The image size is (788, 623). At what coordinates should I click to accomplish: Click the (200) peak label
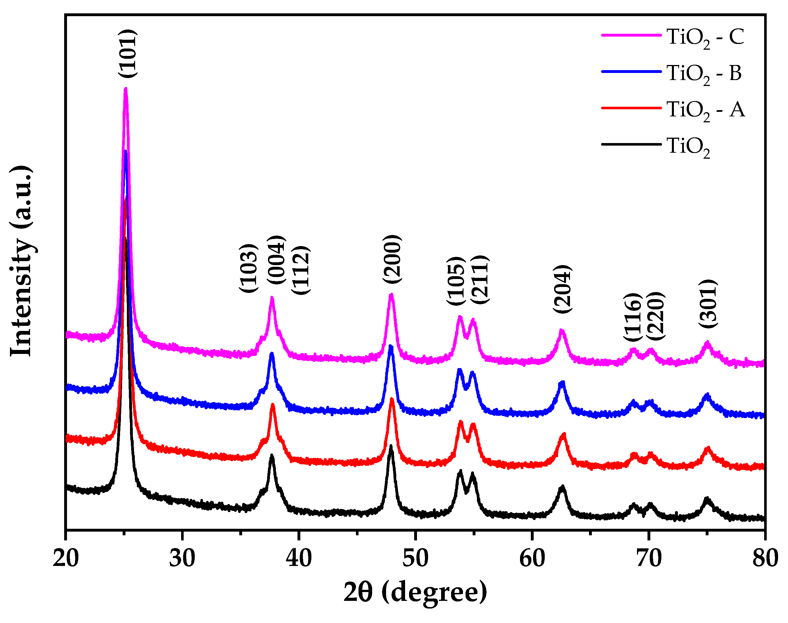[392, 259]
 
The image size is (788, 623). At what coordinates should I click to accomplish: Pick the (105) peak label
[456, 281]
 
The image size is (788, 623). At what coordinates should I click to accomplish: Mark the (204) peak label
[562, 289]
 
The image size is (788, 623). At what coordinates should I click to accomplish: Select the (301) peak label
[708, 303]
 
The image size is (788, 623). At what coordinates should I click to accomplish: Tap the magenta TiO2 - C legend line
[631, 35]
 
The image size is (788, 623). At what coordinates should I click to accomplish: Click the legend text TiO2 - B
[704, 74]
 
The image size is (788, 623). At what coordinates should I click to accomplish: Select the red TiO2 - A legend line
[631, 108]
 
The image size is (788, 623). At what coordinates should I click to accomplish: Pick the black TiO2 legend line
[631, 144]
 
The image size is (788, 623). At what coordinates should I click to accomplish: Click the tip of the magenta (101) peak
[125, 89]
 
